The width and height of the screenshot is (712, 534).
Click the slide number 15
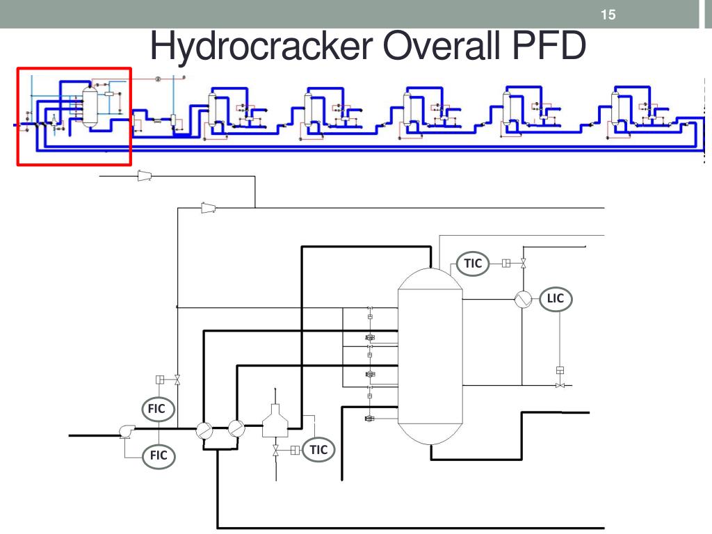[608, 15]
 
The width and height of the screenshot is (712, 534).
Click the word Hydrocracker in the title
[261, 47]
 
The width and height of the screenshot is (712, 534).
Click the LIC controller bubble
[556, 299]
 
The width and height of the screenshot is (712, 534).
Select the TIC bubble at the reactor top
[473, 264]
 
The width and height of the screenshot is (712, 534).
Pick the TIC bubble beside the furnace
[318, 450]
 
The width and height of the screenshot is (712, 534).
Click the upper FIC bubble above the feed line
[157, 409]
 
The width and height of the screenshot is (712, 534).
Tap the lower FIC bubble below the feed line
[159, 455]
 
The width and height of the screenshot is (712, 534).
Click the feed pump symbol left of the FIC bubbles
[127, 431]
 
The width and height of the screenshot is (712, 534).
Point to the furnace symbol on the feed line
[275, 421]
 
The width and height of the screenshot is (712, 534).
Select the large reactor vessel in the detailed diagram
[430, 357]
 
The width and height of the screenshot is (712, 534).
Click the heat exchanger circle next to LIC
[523, 299]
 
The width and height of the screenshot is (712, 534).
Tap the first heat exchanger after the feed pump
[204, 430]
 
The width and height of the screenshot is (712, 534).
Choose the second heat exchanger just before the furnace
[236, 428]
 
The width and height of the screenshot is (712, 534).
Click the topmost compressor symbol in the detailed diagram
[145, 175]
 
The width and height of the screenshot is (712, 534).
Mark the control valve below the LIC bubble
[560, 385]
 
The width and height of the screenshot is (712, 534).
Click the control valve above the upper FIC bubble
[177, 380]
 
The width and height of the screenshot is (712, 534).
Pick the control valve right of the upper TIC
[523, 263]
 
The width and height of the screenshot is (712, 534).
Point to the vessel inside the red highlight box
[90, 107]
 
